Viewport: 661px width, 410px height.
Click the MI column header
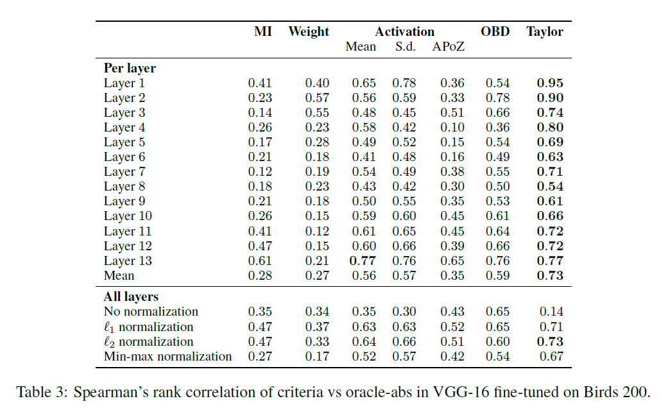[263, 31]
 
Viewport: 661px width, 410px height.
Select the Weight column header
[309, 31]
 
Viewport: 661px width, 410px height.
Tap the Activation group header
[404, 31]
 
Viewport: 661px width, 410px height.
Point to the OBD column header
[495, 31]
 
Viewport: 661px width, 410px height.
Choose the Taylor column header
[545, 31]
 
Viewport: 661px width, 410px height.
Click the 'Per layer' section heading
[130, 67]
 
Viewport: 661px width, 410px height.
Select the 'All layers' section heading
[131, 296]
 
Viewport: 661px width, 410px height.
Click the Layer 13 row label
[128, 261]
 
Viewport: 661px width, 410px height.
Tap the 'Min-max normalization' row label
[167, 356]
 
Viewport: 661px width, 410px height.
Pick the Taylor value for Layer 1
[550, 83]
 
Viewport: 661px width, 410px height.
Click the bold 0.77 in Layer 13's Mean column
[363, 261]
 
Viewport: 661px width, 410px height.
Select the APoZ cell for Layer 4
[452, 127]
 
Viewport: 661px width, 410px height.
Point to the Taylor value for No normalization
[551, 311]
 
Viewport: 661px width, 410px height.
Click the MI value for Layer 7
[260, 171]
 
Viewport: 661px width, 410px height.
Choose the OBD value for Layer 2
[497, 98]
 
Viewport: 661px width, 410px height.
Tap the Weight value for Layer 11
[316, 231]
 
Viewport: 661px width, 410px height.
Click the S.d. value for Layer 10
[404, 216]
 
